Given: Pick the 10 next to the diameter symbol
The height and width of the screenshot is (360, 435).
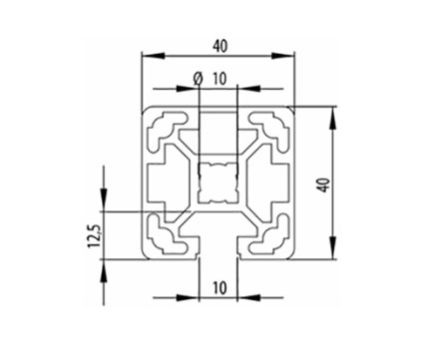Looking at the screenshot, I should tap(219, 78).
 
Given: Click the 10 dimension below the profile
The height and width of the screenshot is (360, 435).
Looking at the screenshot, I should tap(219, 287).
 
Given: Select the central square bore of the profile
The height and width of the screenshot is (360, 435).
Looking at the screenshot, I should tap(219, 182).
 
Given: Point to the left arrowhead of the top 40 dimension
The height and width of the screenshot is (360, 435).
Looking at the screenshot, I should tap(146, 57).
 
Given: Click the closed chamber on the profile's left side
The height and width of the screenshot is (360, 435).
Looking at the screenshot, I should tap(163, 182).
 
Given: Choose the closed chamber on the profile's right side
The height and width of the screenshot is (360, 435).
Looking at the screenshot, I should tap(276, 182).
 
